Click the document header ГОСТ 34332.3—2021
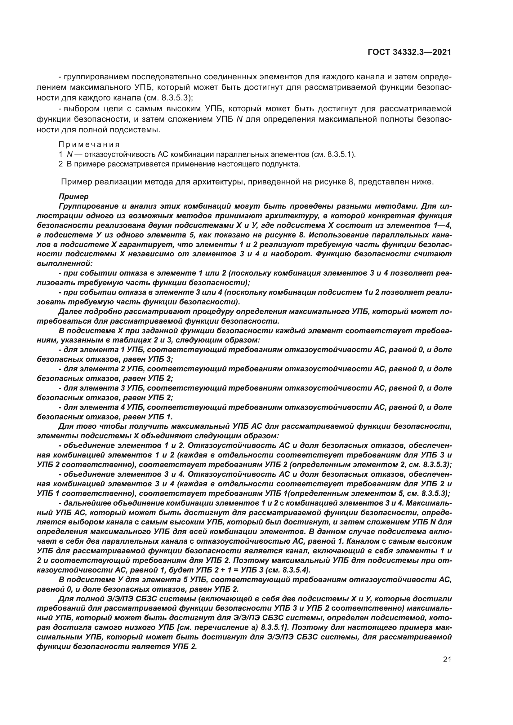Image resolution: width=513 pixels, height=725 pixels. pyautogui.click(x=409, y=52)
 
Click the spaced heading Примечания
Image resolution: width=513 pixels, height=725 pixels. pyautogui.click(x=89, y=145)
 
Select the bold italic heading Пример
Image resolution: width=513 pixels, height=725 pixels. pyautogui.click(x=74, y=197)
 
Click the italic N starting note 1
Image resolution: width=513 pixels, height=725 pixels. pyautogui.click(x=69, y=155)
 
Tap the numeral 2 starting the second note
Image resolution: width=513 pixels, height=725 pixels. pyautogui.click(x=61, y=164)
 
